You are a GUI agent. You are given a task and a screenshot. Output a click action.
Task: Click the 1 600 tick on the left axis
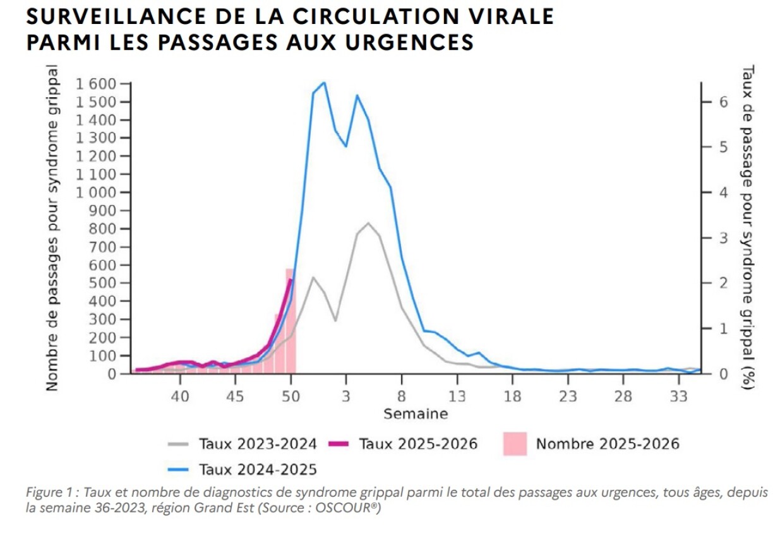pyautogui.click(x=96, y=84)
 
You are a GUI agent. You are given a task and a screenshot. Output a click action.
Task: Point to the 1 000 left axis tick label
pyautogui.click(x=96, y=192)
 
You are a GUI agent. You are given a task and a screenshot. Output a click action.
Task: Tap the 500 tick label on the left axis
pyautogui.click(x=104, y=283)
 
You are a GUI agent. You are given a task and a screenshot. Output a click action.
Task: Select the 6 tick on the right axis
pyautogui.click(x=724, y=102)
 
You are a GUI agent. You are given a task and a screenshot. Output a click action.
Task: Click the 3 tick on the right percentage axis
pyautogui.click(x=724, y=238)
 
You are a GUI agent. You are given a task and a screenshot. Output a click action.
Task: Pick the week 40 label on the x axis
pyautogui.click(x=180, y=397)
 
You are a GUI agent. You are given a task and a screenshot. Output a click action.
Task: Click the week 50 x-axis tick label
pyautogui.click(x=291, y=397)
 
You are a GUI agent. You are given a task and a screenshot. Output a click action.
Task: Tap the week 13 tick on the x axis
pyautogui.click(x=457, y=397)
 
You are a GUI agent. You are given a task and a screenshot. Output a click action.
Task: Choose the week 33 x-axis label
pyautogui.click(x=678, y=397)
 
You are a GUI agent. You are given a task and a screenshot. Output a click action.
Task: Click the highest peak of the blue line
pyautogui.click(x=324, y=83)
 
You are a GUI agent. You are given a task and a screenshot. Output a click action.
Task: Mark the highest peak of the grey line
pyautogui.click(x=368, y=223)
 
